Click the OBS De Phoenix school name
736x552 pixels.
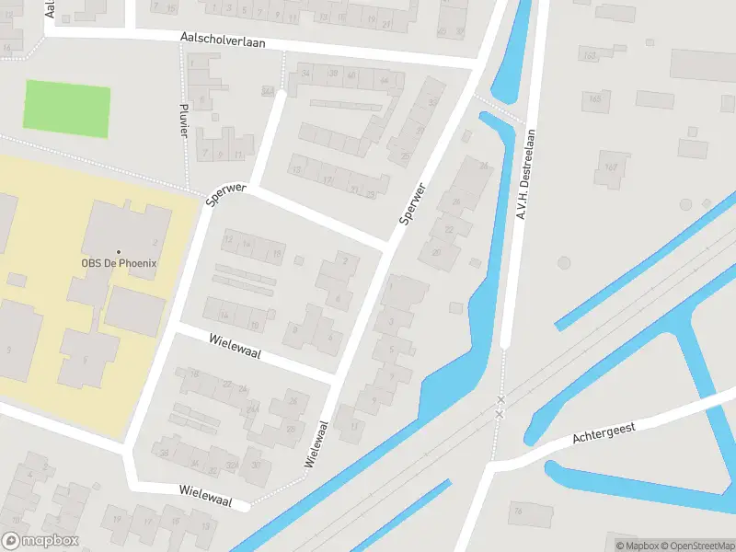[120, 263]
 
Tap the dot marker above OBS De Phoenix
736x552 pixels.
[119, 251]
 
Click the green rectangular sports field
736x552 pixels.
[66, 109]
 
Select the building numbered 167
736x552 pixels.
[612, 168]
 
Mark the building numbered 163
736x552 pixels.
[590, 56]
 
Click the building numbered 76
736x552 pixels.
[518, 510]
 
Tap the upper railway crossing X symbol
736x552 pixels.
[500, 400]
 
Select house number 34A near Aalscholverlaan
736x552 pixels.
[267, 91]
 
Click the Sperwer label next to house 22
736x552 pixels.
[413, 203]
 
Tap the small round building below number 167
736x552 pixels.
[564, 262]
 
